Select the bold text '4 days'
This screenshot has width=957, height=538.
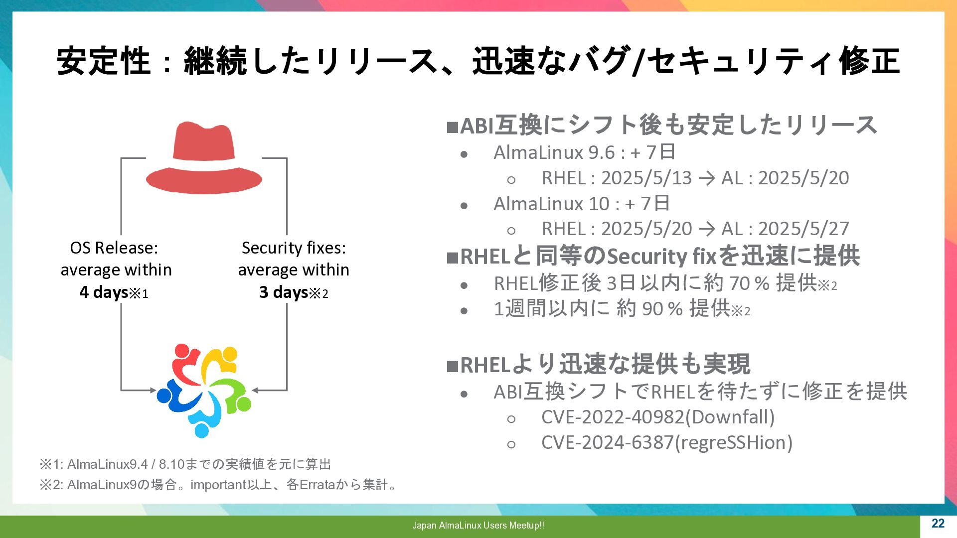tap(104, 292)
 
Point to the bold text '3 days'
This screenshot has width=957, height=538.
tap(283, 292)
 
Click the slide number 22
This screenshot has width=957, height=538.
tap(938, 523)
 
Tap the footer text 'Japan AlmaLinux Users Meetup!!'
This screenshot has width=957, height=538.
tap(478, 525)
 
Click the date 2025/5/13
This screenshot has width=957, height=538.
tap(646, 178)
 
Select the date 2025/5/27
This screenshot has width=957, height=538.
tap(803, 229)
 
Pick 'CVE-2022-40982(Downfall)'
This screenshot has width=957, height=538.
tap(658, 417)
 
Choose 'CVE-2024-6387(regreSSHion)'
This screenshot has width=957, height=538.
tap(667, 442)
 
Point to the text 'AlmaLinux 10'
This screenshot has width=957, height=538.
tap(551, 203)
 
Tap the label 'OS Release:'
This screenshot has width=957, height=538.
tap(114, 248)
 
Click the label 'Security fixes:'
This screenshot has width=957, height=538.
tap(294, 248)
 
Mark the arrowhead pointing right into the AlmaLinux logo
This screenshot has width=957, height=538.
tap(153, 390)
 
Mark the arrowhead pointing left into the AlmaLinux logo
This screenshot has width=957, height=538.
tap(255, 390)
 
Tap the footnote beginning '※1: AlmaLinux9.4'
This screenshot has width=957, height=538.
tap(185, 464)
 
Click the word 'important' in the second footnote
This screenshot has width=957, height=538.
tap(218, 485)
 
